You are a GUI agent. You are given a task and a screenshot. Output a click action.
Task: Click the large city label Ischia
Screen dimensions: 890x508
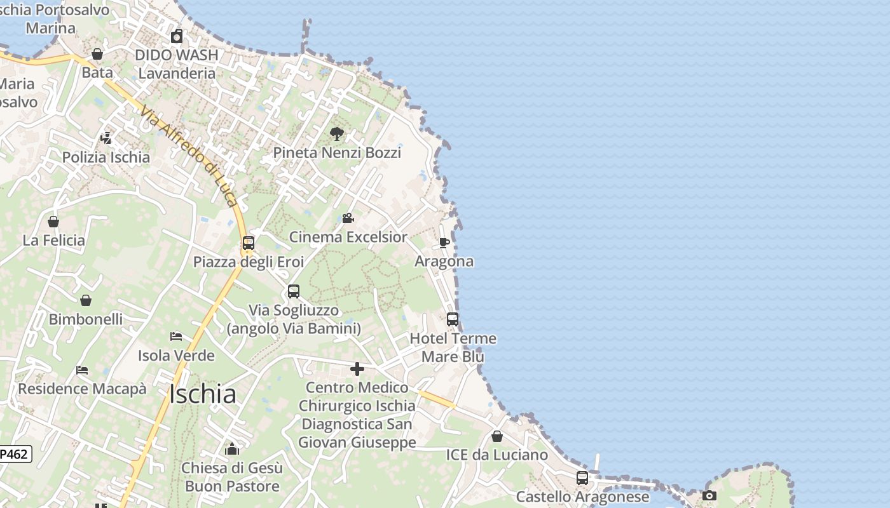[x=203, y=394]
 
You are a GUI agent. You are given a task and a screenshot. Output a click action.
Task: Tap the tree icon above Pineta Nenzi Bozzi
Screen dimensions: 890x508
[x=337, y=133]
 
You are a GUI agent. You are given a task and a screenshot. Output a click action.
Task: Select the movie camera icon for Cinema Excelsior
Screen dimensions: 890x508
[x=348, y=218]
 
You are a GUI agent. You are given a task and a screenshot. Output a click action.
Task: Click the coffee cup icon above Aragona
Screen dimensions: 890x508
[x=444, y=243]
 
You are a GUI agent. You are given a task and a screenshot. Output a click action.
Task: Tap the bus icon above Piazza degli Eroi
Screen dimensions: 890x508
[x=249, y=243]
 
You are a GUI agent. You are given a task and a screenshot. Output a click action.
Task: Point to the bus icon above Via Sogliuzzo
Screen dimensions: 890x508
[x=293, y=291]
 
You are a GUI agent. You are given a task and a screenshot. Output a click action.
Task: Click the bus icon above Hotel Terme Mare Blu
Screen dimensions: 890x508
[x=453, y=319]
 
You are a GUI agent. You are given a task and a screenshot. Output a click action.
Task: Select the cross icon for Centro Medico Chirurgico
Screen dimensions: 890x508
[x=357, y=368]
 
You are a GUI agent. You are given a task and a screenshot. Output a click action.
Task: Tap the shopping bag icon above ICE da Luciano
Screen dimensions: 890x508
[x=497, y=436]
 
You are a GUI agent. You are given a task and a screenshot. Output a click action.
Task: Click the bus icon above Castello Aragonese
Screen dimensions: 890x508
[x=582, y=478]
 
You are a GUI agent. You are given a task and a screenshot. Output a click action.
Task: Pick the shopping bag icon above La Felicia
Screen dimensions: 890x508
[x=53, y=222]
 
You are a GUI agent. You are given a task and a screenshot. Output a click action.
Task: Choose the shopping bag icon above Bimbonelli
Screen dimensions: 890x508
[x=86, y=300]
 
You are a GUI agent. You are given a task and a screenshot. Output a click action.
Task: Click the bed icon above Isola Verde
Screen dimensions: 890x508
[x=176, y=336]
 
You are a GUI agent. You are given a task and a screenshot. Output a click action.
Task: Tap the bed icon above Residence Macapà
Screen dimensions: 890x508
[x=82, y=370]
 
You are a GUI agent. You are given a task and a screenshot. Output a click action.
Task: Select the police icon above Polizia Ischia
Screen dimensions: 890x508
[x=106, y=138]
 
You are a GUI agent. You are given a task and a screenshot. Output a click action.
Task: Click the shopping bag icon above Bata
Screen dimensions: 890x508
[x=97, y=54]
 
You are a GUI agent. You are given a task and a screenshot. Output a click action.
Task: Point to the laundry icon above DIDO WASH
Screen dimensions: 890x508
[x=177, y=36]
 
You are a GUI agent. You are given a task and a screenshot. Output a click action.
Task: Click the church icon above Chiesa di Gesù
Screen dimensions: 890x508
[x=232, y=449]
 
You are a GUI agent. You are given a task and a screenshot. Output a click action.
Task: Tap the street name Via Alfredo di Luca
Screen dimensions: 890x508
[x=189, y=156]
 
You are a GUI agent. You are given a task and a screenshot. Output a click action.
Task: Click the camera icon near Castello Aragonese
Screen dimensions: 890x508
[x=709, y=495]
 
